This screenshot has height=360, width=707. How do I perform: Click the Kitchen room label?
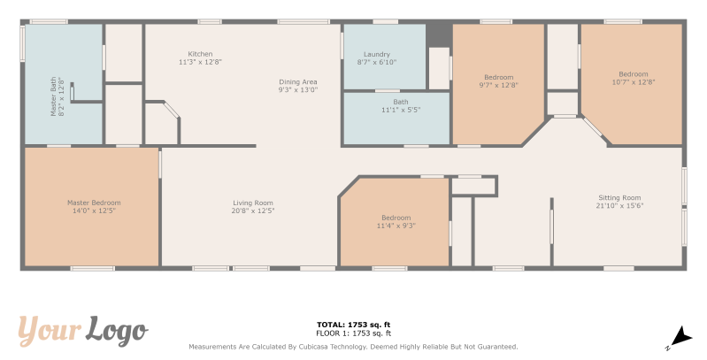pyautogui.click(x=200, y=54)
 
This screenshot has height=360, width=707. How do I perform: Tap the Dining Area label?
pyautogui.click(x=298, y=82)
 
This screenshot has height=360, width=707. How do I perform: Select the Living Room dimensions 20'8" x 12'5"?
pyautogui.click(x=253, y=211)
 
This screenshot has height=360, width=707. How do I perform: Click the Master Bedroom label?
pyautogui.click(x=94, y=203)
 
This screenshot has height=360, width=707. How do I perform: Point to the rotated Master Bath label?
pyautogui.click(x=53, y=96)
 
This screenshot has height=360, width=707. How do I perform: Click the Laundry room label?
pyautogui.click(x=377, y=55)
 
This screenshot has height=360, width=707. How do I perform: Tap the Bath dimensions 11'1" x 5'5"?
pyautogui.click(x=401, y=110)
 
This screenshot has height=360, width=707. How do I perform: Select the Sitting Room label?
pyautogui.click(x=619, y=198)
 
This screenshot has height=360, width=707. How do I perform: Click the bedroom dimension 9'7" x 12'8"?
pyautogui.click(x=499, y=85)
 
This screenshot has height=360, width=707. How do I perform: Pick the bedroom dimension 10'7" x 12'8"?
pyautogui.click(x=634, y=82)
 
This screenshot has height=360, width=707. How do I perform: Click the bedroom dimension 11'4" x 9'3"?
pyautogui.click(x=396, y=226)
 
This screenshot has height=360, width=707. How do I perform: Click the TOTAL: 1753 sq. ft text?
pyautogui.click(x=354, y=325)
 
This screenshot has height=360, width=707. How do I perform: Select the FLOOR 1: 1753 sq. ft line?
pyautogui.click(x=354, y=333)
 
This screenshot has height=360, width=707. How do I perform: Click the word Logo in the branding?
pyautogui.click(x=117, y=332)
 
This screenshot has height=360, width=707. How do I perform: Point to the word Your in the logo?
pyautogui.click(x=50, y=330)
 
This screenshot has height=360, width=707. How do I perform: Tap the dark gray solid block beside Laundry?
pyautogui.click(x=439, y=34)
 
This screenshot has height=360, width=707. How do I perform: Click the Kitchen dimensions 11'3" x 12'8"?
pyautogui.click(x=200, y=62)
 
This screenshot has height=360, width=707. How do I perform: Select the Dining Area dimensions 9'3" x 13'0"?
pyautogui.click(x=298, y=89)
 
